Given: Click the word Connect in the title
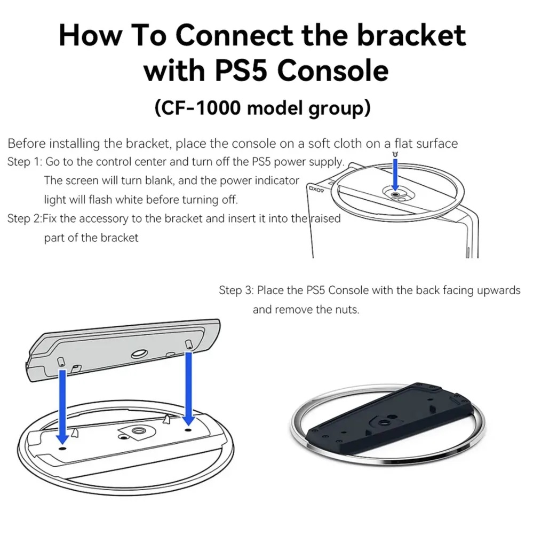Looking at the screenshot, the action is point(234,35).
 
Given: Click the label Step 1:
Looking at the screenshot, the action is point(24,161).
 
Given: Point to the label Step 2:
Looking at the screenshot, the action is point(24,218).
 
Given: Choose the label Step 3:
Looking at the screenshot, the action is point(236,290).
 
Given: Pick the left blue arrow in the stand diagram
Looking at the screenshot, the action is point(62,407).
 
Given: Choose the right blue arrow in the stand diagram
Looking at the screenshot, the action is point(188,389).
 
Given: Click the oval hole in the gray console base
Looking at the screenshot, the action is point(140,354).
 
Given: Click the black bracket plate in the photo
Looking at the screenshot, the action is point(389,421).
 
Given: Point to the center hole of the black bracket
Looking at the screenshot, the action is point(385,422).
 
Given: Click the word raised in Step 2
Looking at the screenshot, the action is point(325,218).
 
